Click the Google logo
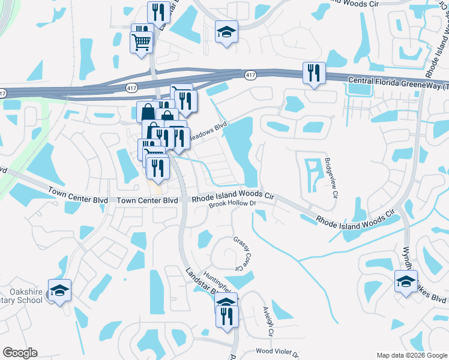20,352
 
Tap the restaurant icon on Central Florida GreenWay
314,73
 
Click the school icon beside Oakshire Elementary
59,290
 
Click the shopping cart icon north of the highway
142,42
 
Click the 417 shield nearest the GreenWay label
251,74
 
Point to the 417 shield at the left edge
3,93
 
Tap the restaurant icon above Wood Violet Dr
227,316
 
